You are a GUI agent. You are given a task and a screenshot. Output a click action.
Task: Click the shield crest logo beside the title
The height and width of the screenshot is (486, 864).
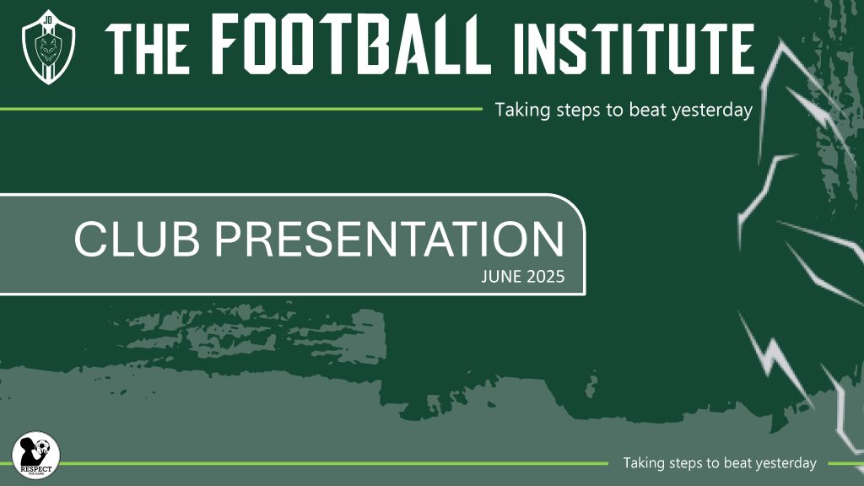click(48, 47)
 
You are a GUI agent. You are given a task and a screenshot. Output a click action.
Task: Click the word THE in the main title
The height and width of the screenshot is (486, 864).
click(147, 49)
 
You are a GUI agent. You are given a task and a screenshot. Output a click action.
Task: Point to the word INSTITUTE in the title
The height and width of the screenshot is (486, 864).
click(634, 49)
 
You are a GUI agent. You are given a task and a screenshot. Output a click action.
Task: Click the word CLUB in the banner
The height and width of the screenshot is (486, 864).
click(137, 239)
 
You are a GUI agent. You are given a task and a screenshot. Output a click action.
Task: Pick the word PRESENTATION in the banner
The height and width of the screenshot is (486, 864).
click(390, 239)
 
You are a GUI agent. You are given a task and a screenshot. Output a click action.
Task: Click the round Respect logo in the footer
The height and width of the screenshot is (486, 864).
click(35, 455)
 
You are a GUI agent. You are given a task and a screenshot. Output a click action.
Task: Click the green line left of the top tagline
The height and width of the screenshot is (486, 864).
click(240, 109)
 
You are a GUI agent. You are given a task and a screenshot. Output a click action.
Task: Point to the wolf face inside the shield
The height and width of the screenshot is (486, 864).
click(48, 48)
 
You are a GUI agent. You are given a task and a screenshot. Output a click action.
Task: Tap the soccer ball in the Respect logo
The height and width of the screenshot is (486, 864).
click(42, 446)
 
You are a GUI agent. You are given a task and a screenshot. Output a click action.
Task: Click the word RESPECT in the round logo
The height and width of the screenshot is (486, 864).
click(35, 469)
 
